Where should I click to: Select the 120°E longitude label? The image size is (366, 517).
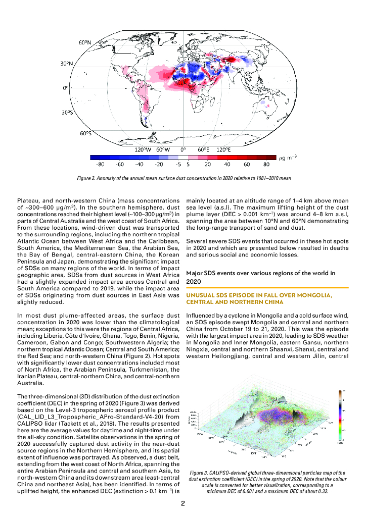coord(223,150)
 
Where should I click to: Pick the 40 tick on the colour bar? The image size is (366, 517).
coord(227,165)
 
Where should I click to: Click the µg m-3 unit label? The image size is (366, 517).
coord(288,159)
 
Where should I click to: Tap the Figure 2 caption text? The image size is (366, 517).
coord(183,178)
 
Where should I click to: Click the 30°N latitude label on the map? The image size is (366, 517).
coord(67,65)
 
